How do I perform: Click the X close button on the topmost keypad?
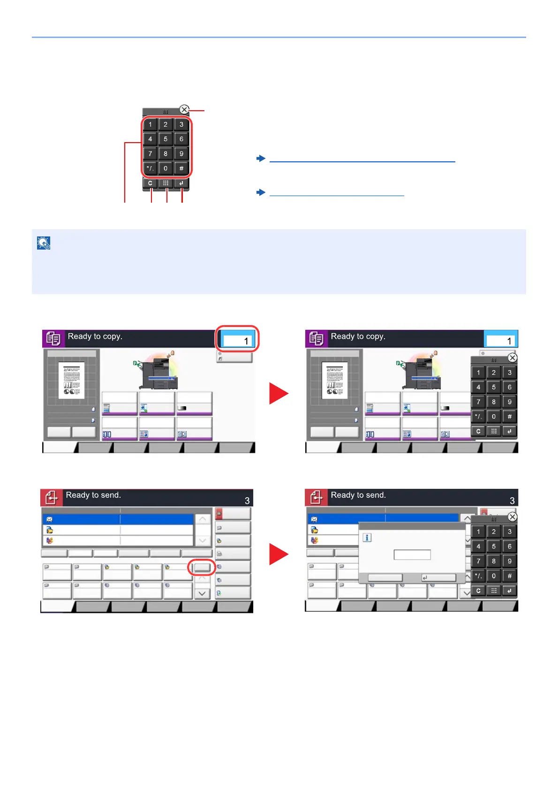[x=184, y=110]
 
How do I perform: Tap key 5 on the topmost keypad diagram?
[x=166, y=139]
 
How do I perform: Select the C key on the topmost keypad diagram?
[x=150, y=183]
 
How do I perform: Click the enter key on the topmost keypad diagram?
[x=181, y=183]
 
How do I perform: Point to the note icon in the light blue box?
[x=44, y=243]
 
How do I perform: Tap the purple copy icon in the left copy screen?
[x=53, y=338]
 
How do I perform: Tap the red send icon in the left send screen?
[x=51, y=497]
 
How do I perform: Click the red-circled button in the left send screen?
[x=202, y=567]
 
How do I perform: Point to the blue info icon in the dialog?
[x=368, y=538]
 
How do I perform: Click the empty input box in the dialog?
[x=412, y=555]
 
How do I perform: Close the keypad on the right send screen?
[x=513, y=517]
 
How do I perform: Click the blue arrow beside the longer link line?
[x=261, y=159]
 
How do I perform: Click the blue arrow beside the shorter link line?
[x=261, y=192]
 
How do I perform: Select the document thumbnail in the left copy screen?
[x=71, y=380]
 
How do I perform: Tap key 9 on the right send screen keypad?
[x=510, y=561]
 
